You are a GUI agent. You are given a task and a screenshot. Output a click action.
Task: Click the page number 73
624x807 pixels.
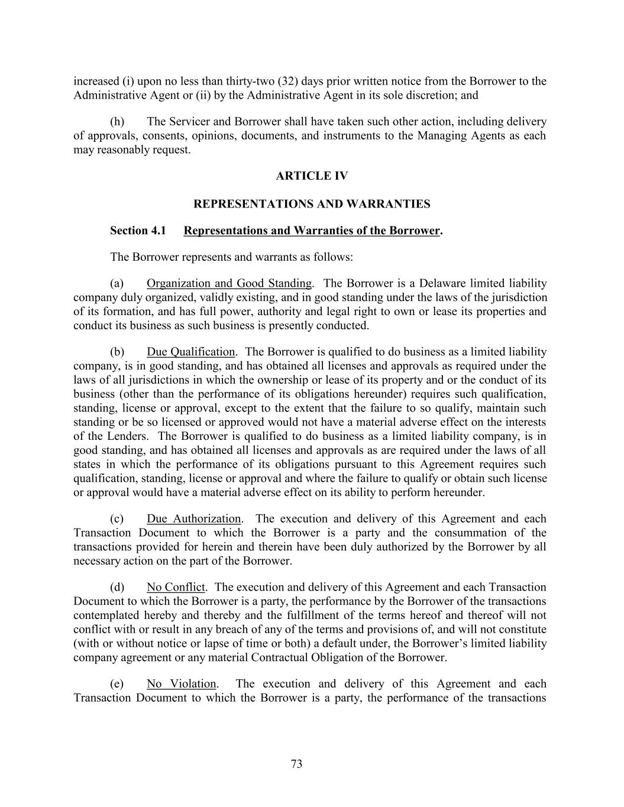pyautogui.click(x=296, y=764)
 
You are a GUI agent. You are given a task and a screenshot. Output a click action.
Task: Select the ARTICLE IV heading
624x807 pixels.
pyautogui.click(x=312, y=176)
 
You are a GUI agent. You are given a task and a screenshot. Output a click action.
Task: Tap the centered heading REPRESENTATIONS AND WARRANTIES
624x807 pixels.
pyautogui.click(x=312, y=204)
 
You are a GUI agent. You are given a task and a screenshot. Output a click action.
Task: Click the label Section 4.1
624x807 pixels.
pyautogui.click(x=138, y=231)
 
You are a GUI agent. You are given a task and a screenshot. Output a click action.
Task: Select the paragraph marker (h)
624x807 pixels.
pyautogui.click(x=117, y=122)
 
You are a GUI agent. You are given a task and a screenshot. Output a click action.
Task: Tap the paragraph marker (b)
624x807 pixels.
pyautogui.click(x=117, y=352)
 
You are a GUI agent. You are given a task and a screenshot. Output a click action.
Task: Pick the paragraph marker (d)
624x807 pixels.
pyautogui.click(x=117, y=587)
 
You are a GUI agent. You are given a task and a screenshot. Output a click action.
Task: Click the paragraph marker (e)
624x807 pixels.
pyautogui.click(x=117, y=683)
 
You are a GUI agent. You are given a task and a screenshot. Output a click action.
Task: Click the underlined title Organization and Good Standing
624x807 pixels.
pyautogui.click(x=229, y=283)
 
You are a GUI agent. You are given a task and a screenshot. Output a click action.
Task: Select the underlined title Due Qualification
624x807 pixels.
pyautogui.click(x=190, y=352)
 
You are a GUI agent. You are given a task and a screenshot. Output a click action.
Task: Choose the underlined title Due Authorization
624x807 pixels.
pyautogui.click(x=194, y=518)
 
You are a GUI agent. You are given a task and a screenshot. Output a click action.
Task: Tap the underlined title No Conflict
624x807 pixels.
pyautogui.click(x=176, y=587)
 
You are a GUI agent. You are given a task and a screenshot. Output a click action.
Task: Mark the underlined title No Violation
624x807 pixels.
pyautogui.click(x=182, y=683)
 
